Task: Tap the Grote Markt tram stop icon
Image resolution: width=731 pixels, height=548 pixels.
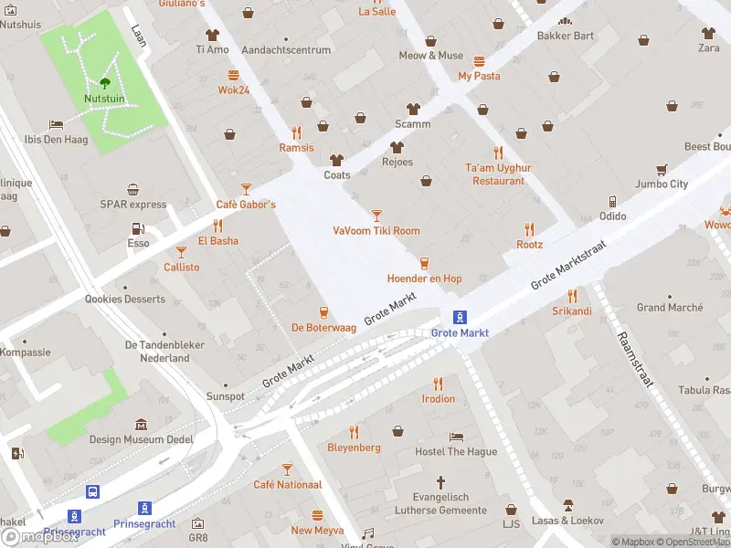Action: pos(461,317)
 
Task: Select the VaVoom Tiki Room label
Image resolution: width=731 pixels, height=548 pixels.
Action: pos(376,231)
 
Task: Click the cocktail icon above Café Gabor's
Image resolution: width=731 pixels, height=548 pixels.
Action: pos(245,189)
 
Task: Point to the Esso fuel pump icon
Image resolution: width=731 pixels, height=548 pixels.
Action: pos(138,228)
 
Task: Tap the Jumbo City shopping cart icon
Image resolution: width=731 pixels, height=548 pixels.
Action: pos(661,169)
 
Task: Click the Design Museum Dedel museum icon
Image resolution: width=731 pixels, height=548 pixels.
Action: pos(142,425)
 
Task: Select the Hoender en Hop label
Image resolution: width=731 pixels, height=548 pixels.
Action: pos(424,279)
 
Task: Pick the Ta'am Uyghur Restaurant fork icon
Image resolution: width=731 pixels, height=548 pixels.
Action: pos(498,153)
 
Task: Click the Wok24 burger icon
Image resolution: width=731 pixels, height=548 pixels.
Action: pos(234,75)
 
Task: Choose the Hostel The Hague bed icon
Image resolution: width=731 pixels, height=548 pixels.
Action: pos(456,437)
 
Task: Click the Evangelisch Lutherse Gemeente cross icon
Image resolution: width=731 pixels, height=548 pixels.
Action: pos(440,481)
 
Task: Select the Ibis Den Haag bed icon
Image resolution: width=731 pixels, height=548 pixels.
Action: pos(57,124)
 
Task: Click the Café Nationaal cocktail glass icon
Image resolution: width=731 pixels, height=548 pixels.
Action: pos(287,469)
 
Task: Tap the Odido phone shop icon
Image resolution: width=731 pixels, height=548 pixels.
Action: pos(612,201)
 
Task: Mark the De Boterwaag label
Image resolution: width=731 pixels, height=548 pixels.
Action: pos(323,327)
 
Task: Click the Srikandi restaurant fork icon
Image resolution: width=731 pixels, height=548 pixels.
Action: pos(572,296)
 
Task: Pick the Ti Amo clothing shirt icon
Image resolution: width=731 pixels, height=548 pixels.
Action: pos(212,34)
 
